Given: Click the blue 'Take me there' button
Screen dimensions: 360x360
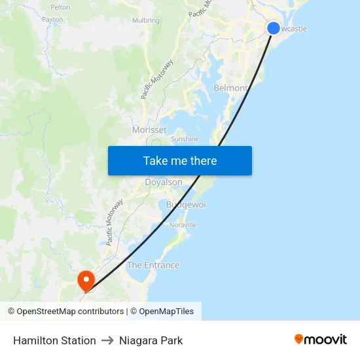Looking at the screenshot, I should coord(180,161).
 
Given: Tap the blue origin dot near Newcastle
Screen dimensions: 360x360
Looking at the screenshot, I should coord(274,27).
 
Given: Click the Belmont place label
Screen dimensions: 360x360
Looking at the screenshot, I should coord(230,88).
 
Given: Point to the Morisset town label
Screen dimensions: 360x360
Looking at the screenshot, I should coord(149,130).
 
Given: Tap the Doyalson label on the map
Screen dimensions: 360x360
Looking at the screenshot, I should coord(163,182).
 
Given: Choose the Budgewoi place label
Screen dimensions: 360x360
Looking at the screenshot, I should coord(186,205).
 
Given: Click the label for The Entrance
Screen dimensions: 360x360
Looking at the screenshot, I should coord(153,265).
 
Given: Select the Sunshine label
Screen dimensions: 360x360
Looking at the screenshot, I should coord(184,139).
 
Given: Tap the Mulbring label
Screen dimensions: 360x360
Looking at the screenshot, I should coord(145,20).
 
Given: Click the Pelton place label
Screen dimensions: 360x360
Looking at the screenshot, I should coord(60,7).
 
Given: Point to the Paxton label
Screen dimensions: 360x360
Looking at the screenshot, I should coord(52,20).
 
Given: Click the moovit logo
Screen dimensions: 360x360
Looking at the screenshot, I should coord(321,340).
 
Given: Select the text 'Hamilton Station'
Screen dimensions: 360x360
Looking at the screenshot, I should coord(54,340).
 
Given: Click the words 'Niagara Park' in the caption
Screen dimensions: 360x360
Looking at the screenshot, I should coord(151,340).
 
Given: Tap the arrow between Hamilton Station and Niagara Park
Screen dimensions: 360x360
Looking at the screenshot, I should coord(107,340).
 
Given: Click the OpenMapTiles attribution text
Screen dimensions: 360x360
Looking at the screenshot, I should coord(166,312).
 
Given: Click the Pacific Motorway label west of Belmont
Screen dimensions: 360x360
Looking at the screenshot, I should coord(157,79).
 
